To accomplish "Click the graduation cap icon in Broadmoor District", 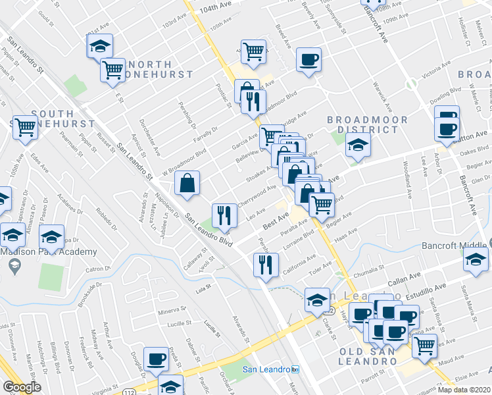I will (357, 145).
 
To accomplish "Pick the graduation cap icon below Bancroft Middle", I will (476, 259).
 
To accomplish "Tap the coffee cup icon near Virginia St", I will (156, 359).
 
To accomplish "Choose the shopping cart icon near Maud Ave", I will (425, 344).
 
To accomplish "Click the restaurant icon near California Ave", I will (265, 265).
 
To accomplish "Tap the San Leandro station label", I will (271, 369).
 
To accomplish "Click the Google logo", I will (22, 387).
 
